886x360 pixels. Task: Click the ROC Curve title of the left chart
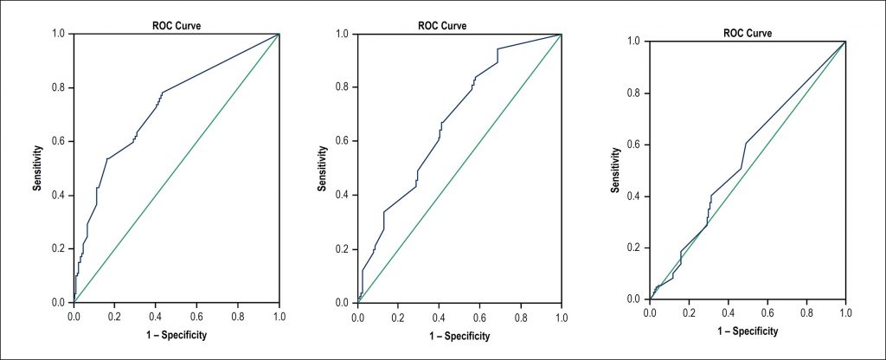(x=177, y=25)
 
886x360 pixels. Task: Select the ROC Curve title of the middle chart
(x=442, y=25)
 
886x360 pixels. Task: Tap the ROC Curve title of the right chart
(x=748, y=33)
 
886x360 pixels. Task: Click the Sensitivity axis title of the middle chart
(x=322, y=169)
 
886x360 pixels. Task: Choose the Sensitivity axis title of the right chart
(x=617, y=170)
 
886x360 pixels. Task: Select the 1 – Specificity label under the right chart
(x=748, y=331)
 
